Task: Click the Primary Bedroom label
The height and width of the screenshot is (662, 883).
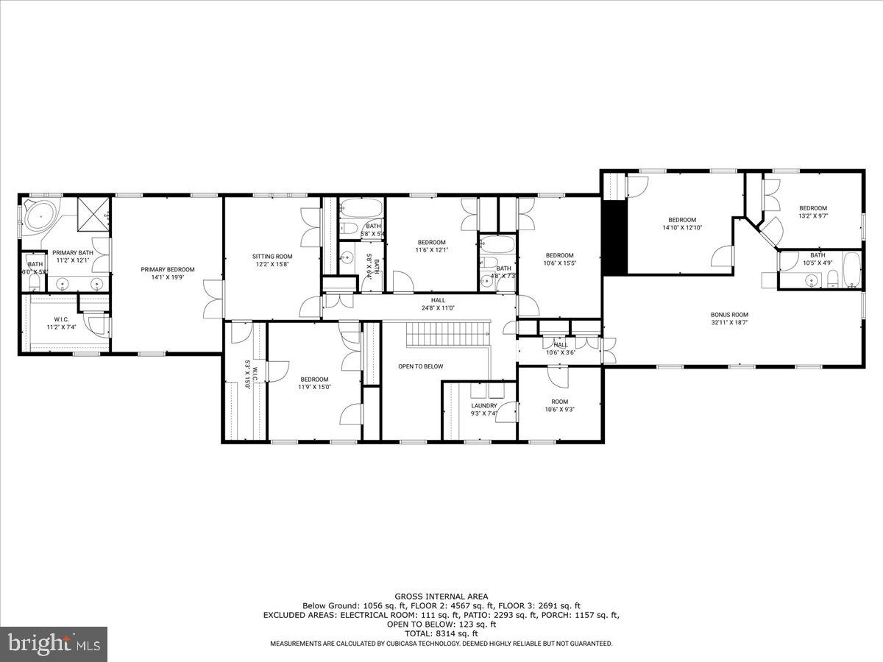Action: pyautogui.click(x=168, y=269)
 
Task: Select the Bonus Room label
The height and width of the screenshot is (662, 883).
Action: pyautogui.click(x=729, y=315)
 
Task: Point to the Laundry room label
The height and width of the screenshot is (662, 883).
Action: pyautogui.click(x=484, y=405)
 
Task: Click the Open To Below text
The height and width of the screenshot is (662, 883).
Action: pyautogui.click(x=421, y=366)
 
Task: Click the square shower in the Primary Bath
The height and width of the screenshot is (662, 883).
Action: pyautogui.click(x=93, y=213)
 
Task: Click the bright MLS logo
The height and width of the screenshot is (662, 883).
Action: pyautogui.click(x=53, y=644)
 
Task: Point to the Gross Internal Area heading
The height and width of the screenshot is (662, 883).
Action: pyautogui.click(x=441, y=597)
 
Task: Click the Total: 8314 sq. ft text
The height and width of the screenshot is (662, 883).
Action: pyautogui.click(x=441, y=633)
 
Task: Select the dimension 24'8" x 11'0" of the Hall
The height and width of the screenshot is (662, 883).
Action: pyautogui.click(x=439, y=308)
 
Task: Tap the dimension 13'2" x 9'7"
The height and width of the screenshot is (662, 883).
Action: pyautogui.click(x=813, y=217)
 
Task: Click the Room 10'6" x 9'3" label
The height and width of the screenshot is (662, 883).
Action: pyautogui.click(x=560, y=406)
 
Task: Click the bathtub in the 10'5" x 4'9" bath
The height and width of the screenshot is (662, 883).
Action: pyautogui.click(x=851, y=271)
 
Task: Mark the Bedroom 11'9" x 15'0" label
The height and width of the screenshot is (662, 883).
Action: pyautogui.click(x=313, y=382)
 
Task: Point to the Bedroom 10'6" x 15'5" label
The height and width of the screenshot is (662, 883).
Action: pyautogui.click(x=558, y=259)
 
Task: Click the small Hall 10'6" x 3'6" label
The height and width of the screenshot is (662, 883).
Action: pyautogui.click(x=560, y=349)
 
